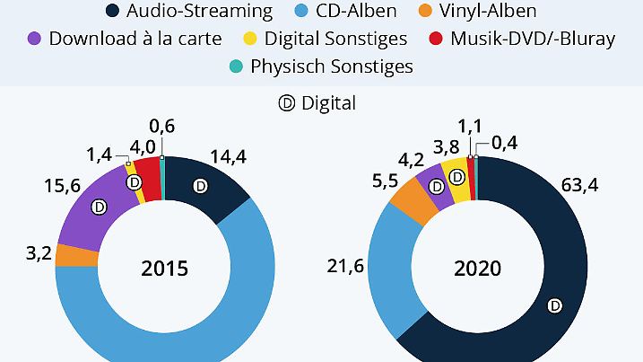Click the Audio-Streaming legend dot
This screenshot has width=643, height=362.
113,12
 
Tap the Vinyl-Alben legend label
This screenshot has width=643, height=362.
488,12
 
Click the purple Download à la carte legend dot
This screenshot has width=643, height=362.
35,39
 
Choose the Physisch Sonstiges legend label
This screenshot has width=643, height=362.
332,66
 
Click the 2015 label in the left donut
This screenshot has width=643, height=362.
164,269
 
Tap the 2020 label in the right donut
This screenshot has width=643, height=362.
478,269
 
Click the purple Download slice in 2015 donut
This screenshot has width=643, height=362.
90,216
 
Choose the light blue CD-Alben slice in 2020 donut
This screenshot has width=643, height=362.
390,269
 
